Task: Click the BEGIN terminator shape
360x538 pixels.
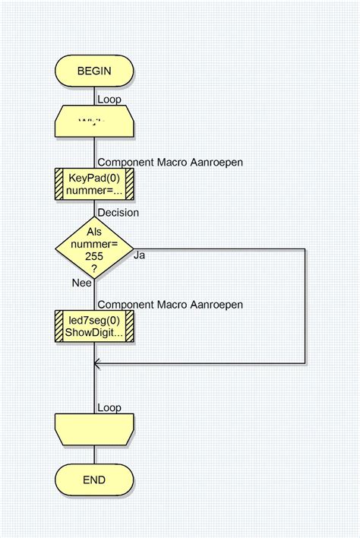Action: pos(94,71)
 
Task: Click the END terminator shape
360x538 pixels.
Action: pos(94,480)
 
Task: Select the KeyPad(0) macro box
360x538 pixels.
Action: pos(94,183)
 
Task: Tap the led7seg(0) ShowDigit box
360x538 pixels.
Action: pos(94,326)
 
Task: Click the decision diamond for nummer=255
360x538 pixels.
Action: pos(94,248)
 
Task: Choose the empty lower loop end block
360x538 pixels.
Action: pos(94,429)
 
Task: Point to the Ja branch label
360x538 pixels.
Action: pos(140,255)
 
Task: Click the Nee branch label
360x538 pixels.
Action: pos(82,282)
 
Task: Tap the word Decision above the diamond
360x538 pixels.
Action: pos(118,212)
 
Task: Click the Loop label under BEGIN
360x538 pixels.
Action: pos(109,99)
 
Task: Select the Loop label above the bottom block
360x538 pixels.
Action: pos(109,408)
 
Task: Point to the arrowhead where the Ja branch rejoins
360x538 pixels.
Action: pos(96,364)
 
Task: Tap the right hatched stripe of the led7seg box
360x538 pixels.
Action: pos(129,326)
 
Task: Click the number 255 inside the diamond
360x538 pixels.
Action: pos(94,257)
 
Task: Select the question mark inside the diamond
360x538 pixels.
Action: pos(94,269)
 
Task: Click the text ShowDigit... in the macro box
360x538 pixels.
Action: pos(95,333)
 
